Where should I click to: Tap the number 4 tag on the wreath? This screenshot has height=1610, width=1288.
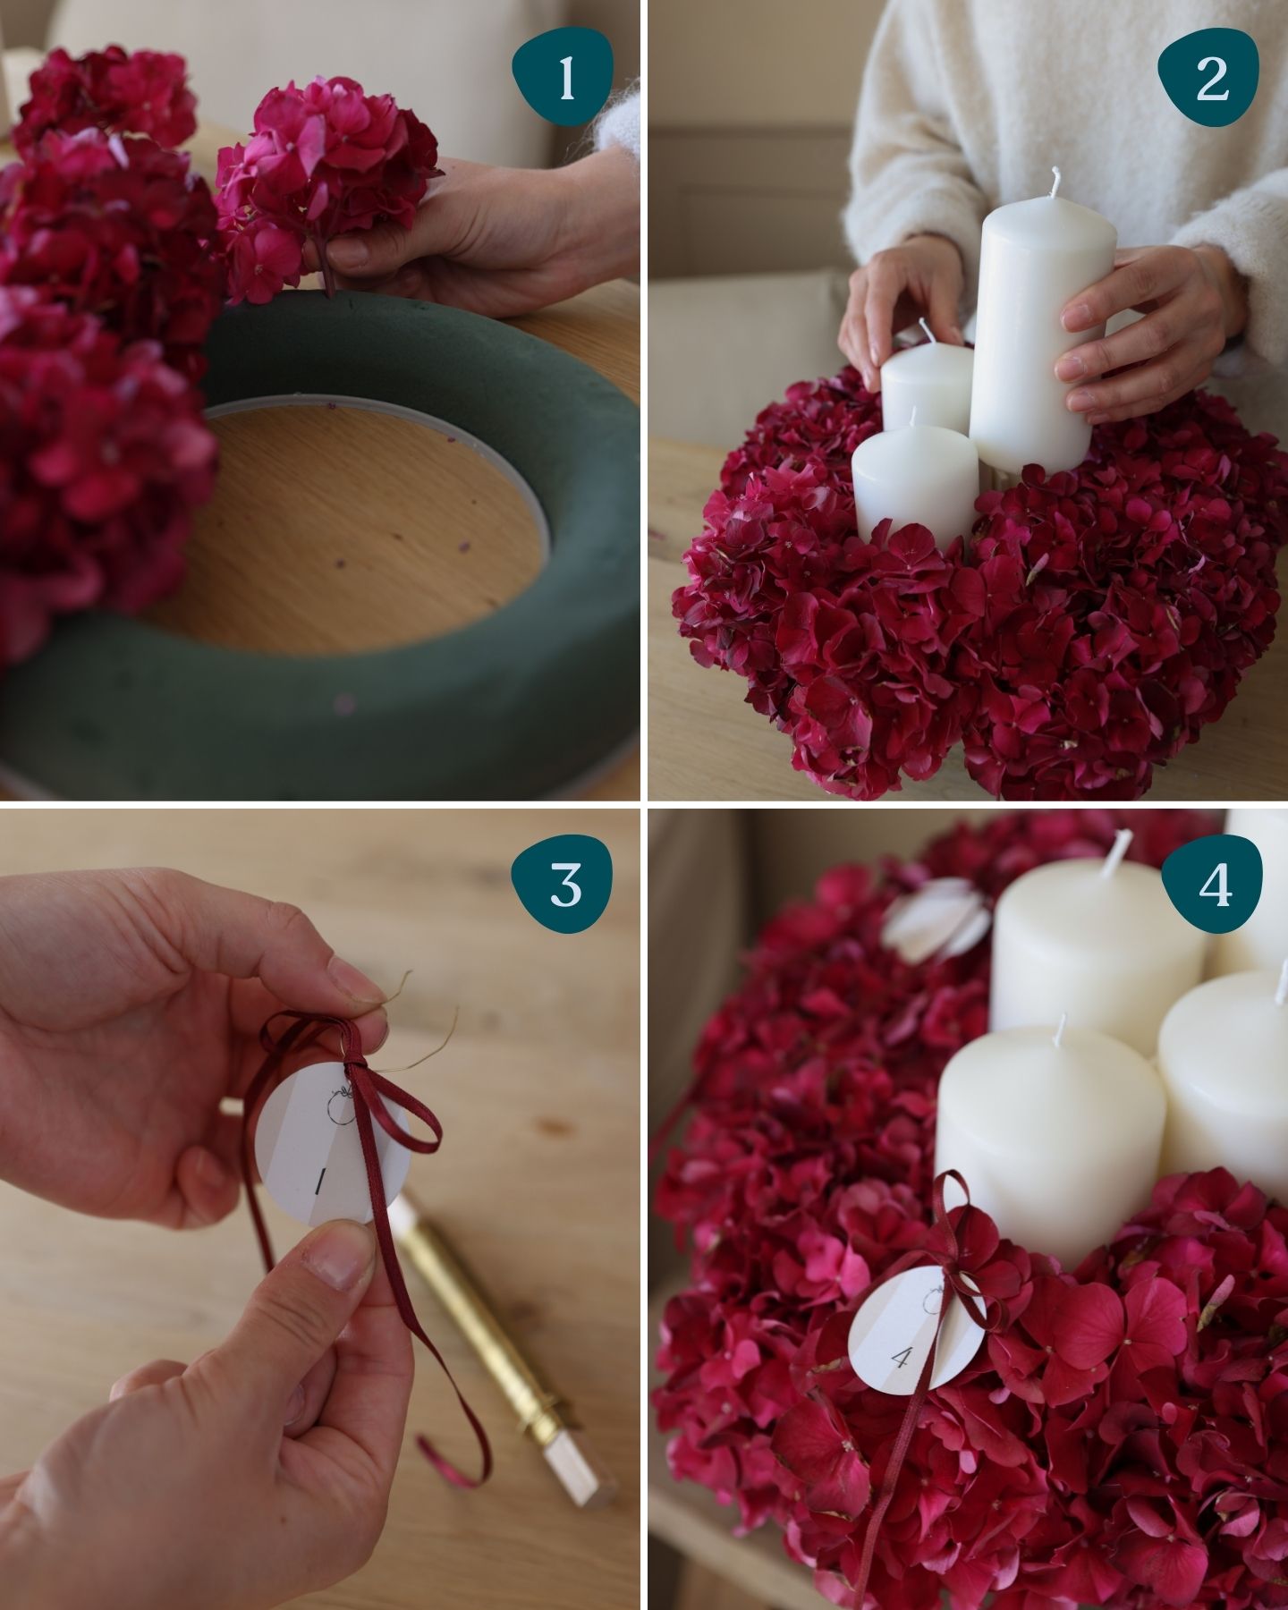click(917, 1333)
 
